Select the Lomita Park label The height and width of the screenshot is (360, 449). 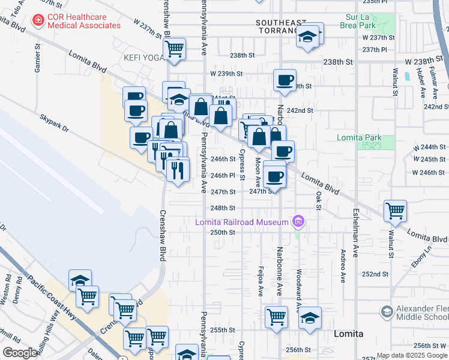(x=359, y=137)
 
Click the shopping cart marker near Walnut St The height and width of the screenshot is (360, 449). (x=396, y=211)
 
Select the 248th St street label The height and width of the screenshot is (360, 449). (x=222, y=208)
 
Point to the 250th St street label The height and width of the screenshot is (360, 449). (x=222, y=232)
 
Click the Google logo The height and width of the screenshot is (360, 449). (x=20, y=353)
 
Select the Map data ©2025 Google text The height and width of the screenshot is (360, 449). (x=412, y=355)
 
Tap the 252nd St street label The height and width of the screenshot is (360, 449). (x=375, y=274)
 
